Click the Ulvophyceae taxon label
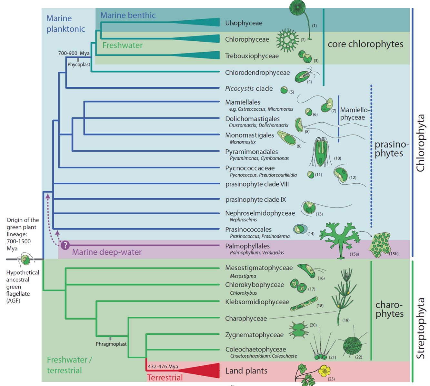pyautogui.click(x=244, y=23)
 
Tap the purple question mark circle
pyautogui.click(x=65, y=245)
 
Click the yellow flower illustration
pyautogui.click(x=324, y=371)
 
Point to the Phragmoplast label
pyautogui.click(x=111, y=344)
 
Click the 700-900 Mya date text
pyautogui.click(x=74, y=53)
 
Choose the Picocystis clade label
pyautogui.click(x=249, y=89)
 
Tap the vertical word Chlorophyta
pyautogui.click(x=420, y=143)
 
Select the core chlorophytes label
pyautogui.click(x=365, y=44)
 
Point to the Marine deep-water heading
pyautogui.click(x=107, y=252)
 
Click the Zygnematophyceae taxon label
pyautogui.click(x=254, y=335)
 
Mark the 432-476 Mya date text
pyautogui.click(x=163, y=367)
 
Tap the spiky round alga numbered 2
pyautogui.click(x=287, y=40)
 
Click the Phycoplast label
pyautogui.click(x=79, y=65)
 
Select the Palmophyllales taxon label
pyautogui.click(x=247, y=246)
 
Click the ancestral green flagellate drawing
pyautogui.click(x=25, y=259)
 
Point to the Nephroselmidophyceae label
pyautogui.click(x=260, y=213)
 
